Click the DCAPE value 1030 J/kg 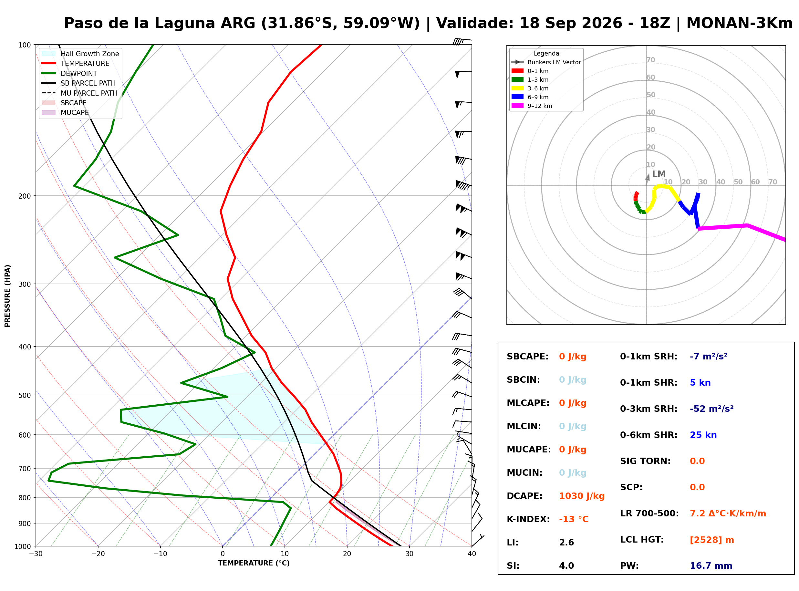(582, 496)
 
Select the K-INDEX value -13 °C (573, 519)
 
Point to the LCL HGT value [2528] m (712, 540)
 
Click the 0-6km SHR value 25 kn (703, 435)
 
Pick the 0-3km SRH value (711, 409)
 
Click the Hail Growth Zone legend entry (80, 54)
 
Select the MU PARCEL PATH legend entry (80, 93)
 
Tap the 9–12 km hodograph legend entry (532, 106)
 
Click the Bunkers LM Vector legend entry (546, 62)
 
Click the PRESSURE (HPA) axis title (7, 296)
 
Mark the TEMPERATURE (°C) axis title (254, 563)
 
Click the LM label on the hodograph (659, 174)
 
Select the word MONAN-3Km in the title (739, 23)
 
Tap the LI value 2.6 (566, 542)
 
